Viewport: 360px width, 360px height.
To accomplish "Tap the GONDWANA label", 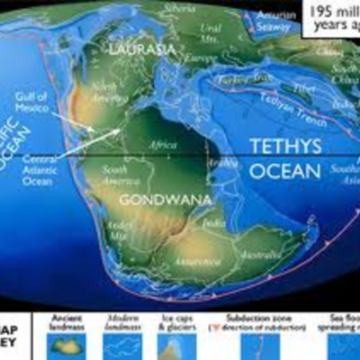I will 154,199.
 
